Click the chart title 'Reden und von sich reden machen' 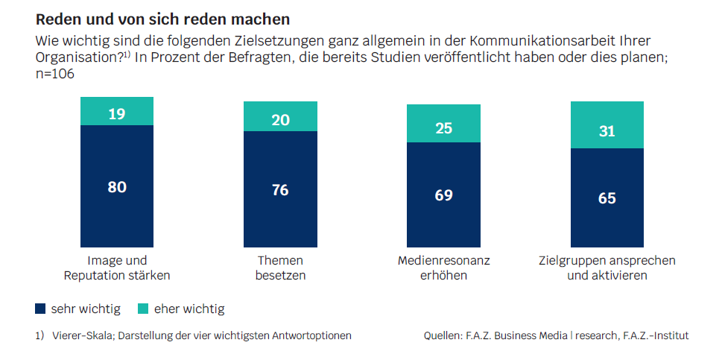click(163, 16)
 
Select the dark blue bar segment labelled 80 click(117, 186)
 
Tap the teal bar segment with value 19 click(117, 113)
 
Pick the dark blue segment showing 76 click(280, 189)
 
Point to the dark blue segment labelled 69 click(443, 195)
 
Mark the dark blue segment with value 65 click(607, 198)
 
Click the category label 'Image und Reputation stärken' click(118, 268)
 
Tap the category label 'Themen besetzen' click(281, 268)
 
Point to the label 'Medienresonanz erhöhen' click(444, 268)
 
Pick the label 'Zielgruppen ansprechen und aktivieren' click(607, 268)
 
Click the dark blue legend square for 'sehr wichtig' click(41, 309)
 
